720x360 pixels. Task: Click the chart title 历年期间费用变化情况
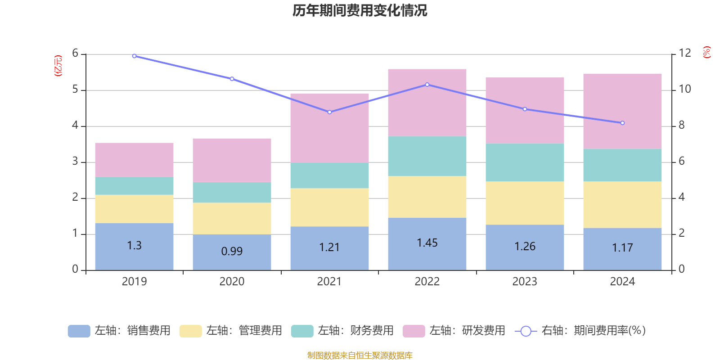coord(360,10)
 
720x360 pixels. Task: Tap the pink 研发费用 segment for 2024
coord(622,111)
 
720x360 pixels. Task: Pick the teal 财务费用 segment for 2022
coord(427,156)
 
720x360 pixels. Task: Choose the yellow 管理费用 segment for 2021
coord(329,207)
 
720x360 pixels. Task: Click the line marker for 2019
coord(134,56)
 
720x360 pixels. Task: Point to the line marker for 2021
coord(329,112)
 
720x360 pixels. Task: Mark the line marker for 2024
coord(622,123)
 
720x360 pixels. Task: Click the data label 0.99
coord(232,251)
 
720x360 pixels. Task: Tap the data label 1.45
coord(427,243)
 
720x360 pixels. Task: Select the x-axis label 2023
coord(525,282)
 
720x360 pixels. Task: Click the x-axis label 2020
coord(232,282)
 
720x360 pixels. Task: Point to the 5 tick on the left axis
coord(75,90)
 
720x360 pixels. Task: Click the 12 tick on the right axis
coord(685,53)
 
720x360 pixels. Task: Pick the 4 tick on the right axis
coord(681,197)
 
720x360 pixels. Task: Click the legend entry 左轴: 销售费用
coord(119,331)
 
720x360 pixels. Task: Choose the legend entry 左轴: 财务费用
coord(342,331)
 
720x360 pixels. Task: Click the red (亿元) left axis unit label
coord(58,66)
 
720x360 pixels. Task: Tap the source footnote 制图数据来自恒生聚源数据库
coord(360,355)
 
